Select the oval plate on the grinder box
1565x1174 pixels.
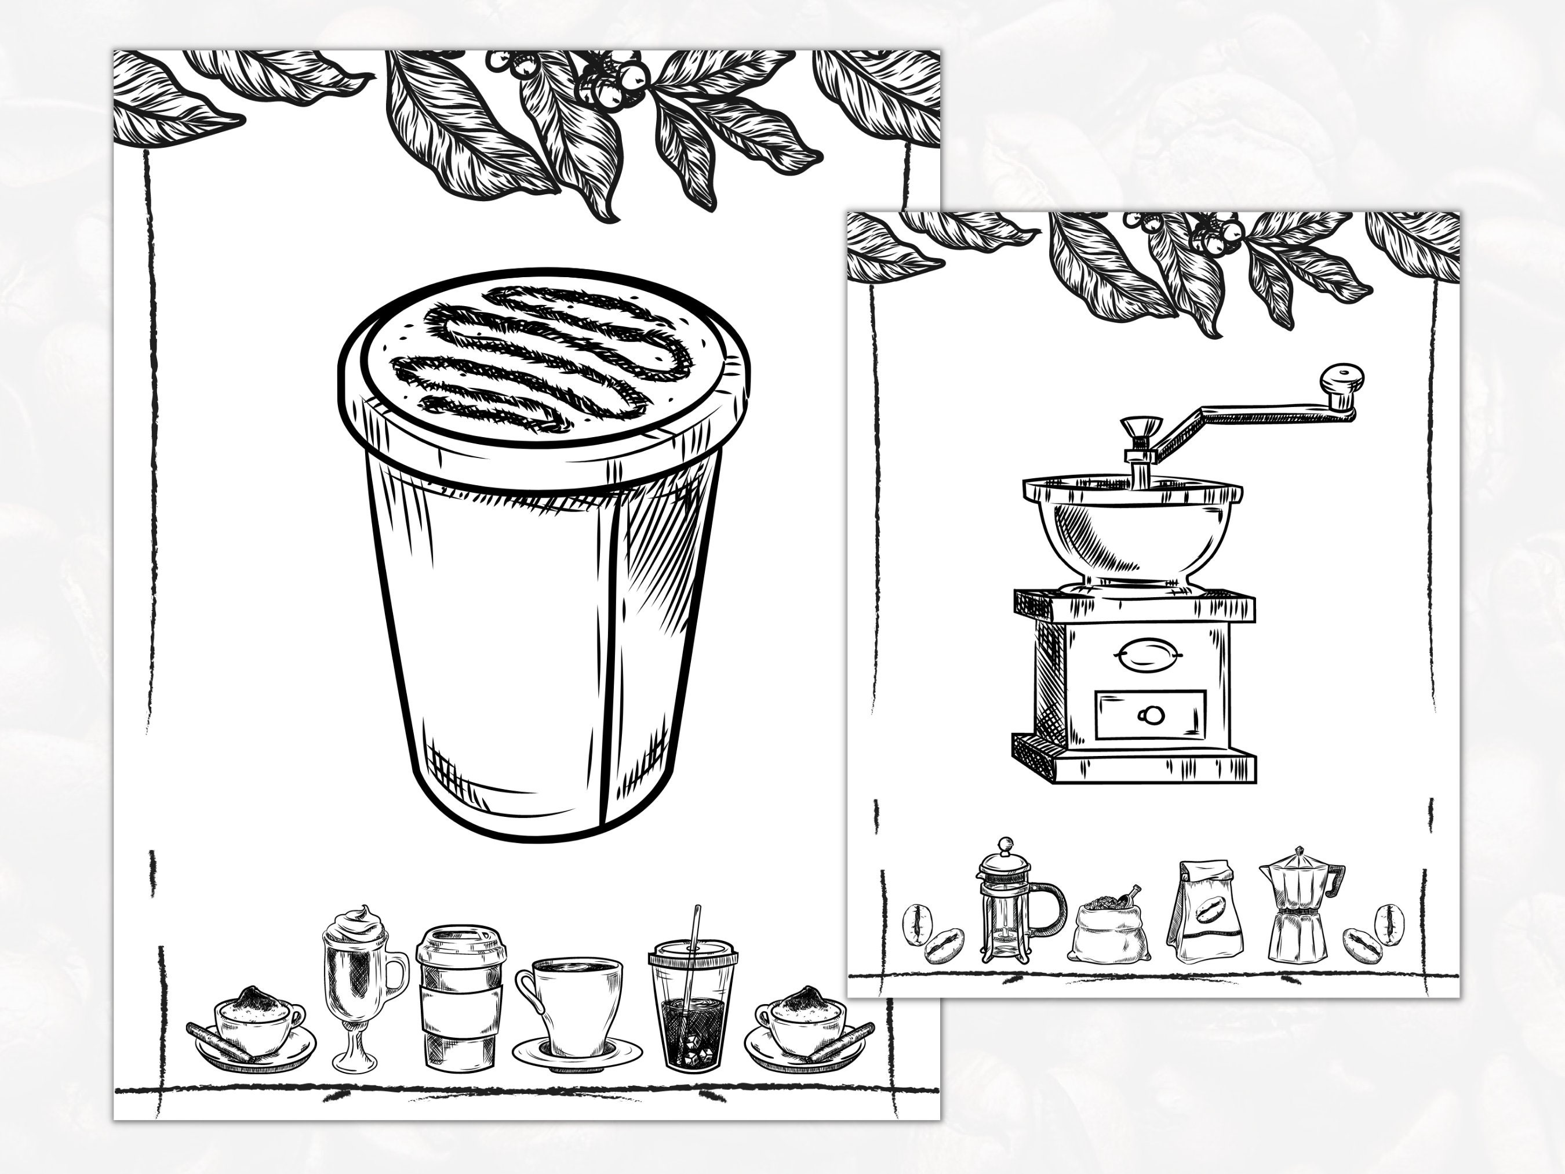[x=1148, y=654]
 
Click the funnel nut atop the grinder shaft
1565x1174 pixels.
[x=1141, y=428]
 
